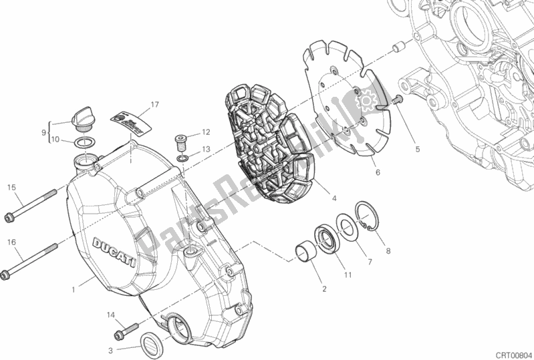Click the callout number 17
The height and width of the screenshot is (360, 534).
[x=154, y=104]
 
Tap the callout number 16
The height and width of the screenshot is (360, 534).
[x=11, y=242]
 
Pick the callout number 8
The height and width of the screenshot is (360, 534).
[x=387, y=252]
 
